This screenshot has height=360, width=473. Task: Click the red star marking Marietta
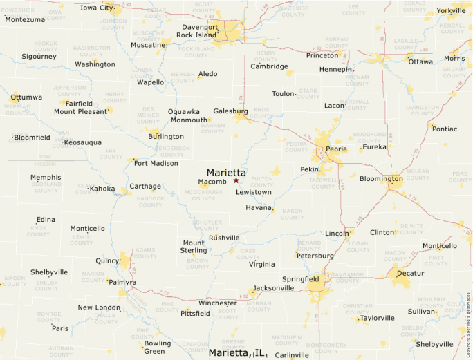click(x=236, y=180)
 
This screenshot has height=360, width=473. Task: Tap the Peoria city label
click(x=337, y=149)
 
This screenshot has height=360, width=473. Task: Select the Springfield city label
click(x=300, y=279)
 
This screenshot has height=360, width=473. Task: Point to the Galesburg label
click(x=230, y=111)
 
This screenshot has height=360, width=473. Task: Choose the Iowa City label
click(x=97, y=8)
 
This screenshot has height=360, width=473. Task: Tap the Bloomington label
click(x=380, y=179)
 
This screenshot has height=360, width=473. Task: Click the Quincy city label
click(x=107, y=260)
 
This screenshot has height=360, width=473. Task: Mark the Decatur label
click(x=410, y=274)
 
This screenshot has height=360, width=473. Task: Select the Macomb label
click(x=212, y=182)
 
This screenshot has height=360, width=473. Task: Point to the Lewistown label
click(x=254, y=192)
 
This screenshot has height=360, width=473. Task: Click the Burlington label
click(x=166, y=137)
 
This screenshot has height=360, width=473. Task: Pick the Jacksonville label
click(x=274, y=288)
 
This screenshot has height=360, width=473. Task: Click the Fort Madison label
click(x=156, y=164)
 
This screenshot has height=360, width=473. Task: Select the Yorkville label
click(x=452, y=11)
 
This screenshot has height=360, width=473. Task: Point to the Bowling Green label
click(x=158, y=348)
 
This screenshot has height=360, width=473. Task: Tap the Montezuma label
click(x=25, y=19)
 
